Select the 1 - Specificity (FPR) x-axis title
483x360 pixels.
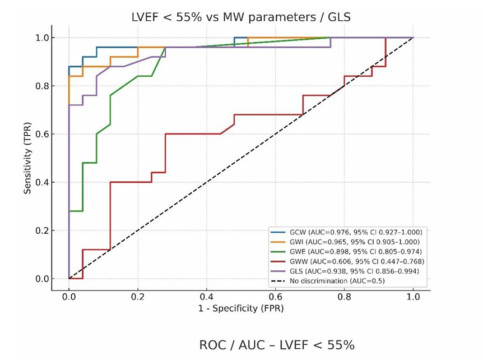240,308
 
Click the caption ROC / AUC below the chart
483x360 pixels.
277,345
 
